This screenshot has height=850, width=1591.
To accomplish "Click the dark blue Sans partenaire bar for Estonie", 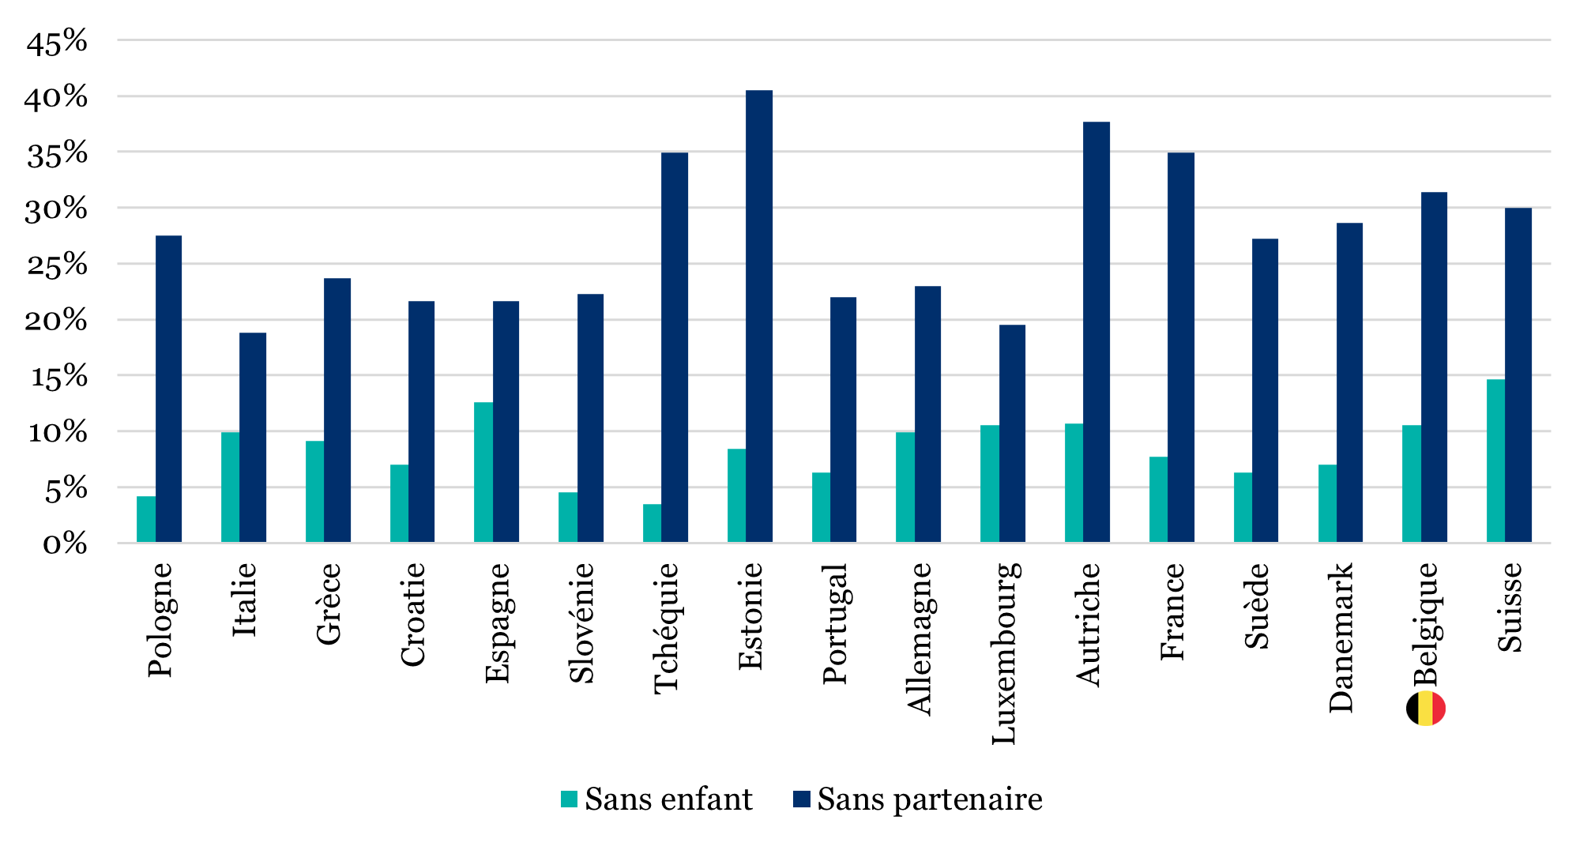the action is (759, 316).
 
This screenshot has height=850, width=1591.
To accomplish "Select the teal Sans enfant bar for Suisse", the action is (1496, 461).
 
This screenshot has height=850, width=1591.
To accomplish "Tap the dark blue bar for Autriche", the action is (1096, 332).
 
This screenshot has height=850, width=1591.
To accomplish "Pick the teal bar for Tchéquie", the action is (653, 523).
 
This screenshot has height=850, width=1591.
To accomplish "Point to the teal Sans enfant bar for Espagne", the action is (483, 472).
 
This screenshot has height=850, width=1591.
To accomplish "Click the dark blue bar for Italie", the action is (253, 438).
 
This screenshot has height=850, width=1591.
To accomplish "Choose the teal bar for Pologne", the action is (146, 519).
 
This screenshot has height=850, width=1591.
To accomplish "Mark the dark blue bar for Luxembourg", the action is (1012, 434).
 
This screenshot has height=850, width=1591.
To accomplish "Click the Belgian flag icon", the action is (1426, 709).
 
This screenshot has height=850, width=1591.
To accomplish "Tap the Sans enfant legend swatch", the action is (569, 799).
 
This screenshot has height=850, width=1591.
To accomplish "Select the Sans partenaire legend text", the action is (930, 799).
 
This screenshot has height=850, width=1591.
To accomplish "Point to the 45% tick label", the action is (56, 42).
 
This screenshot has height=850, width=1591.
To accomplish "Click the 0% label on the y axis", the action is (65, 543).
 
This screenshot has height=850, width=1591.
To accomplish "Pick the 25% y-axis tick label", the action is (56, 265).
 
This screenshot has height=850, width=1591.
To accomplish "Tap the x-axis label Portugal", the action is (834, 623).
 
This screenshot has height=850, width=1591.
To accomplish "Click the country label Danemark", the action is (1341, 637).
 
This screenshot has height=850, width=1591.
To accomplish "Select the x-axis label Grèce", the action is (328, 604).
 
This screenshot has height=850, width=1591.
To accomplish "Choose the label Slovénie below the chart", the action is (581, 622).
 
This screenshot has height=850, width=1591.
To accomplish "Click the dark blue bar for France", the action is (1181, 347).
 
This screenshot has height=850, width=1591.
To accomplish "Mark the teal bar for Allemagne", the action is (905, 487).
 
